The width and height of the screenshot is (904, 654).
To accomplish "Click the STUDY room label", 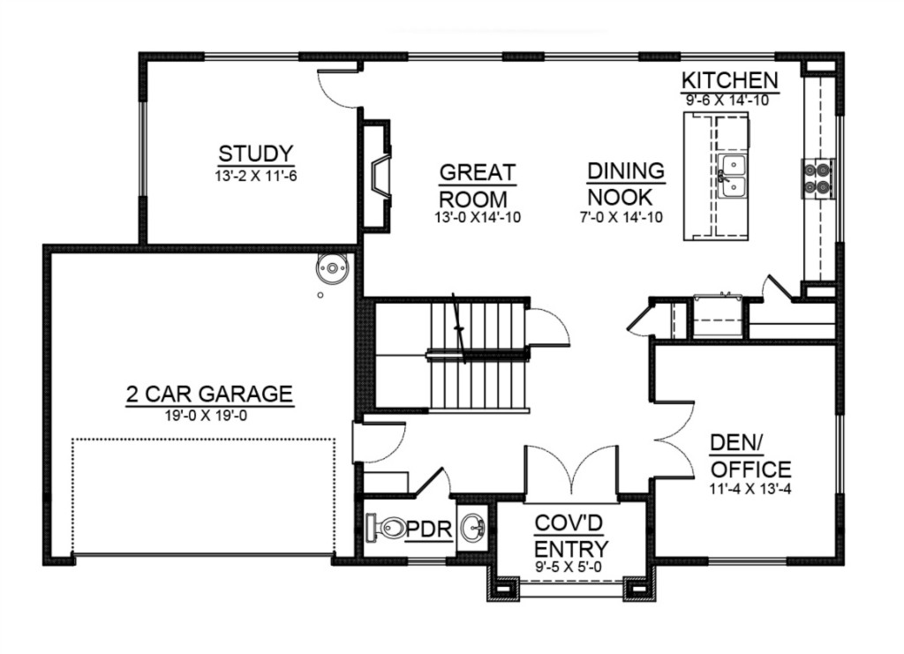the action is pos(256,154).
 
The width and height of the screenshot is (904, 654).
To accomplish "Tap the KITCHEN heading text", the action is pos(730,80).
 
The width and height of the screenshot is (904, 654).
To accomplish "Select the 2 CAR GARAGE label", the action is pos(210,395).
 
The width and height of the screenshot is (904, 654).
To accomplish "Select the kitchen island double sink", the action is pos(732,176).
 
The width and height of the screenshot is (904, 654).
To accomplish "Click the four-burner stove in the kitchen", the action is pos(818,178).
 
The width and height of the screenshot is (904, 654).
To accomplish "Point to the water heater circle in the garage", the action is pos(332,268).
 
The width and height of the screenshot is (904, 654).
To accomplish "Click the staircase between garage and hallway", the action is pos(452,355).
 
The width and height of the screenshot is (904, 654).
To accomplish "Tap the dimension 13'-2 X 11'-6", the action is pos(256,176).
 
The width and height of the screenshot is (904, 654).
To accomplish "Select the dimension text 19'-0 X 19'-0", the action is pos(206,415).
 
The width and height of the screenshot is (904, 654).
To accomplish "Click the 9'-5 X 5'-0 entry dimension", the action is pos(569,567).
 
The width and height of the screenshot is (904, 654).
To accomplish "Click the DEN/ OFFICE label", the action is pos(750,455).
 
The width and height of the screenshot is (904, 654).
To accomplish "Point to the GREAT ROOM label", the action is pos(476,185).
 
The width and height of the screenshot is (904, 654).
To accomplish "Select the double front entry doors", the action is pos(571,470).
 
